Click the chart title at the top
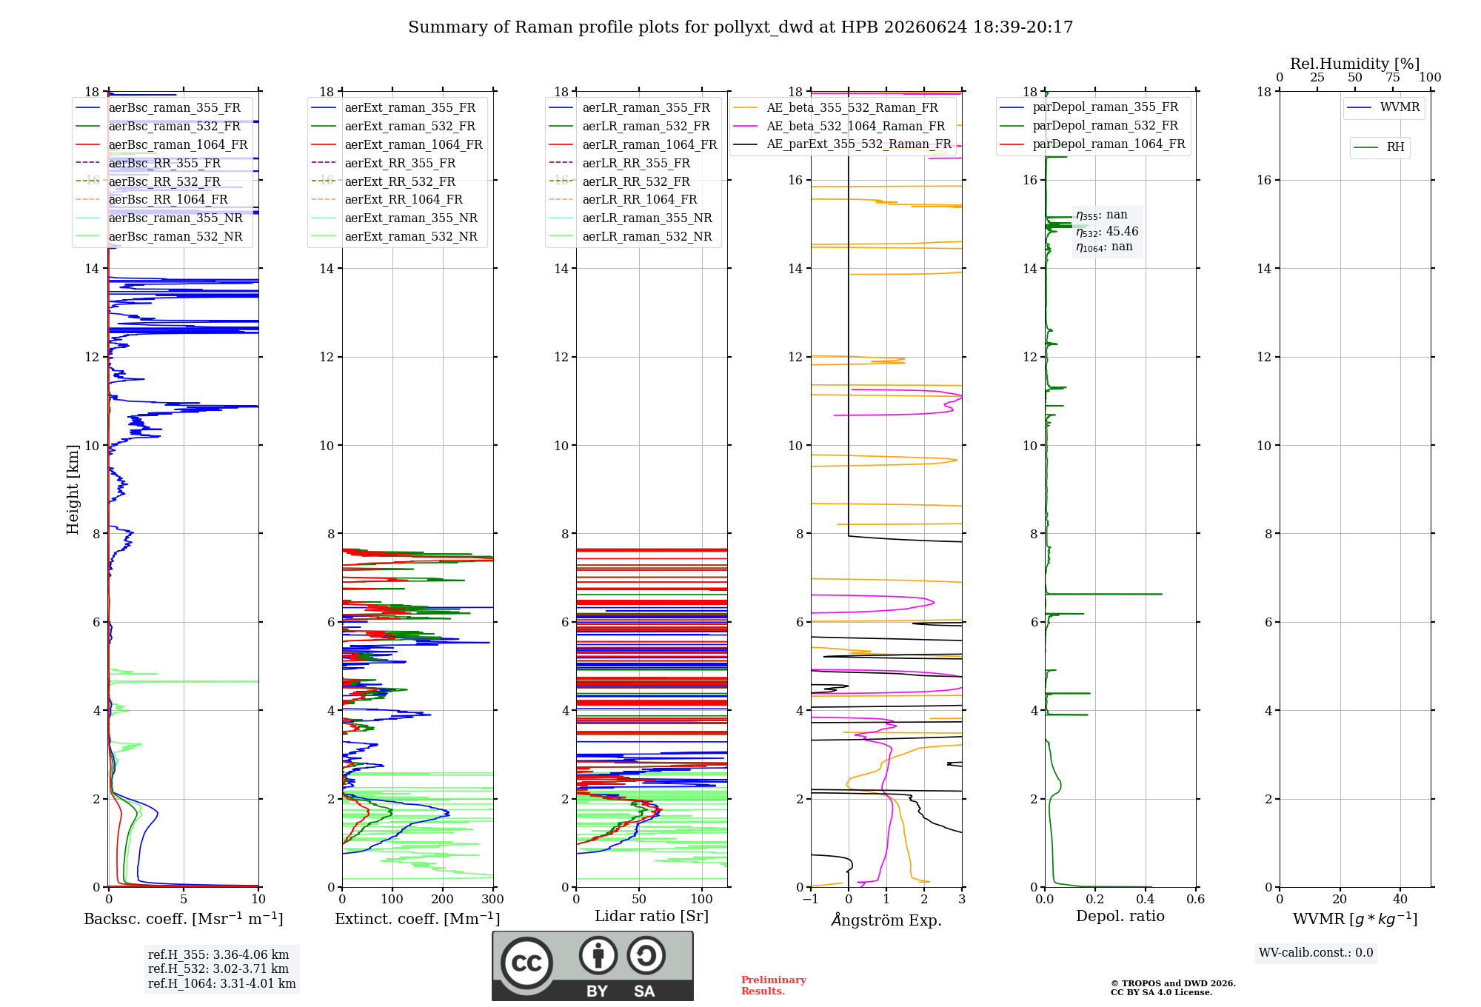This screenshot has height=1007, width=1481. point(740,27)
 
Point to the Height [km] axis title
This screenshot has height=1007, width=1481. point(73,489)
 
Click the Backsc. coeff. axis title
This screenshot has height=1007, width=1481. point(184,919)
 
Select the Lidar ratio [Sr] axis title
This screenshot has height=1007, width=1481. point(652,917)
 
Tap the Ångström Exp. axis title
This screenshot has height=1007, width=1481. point(886,920)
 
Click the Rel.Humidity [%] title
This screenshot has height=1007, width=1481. point(1355,64)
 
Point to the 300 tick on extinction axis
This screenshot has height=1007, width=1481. point(493,900)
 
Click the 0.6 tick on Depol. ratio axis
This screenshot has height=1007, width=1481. point(1196,900)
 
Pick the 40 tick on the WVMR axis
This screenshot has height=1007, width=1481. point(1400,900)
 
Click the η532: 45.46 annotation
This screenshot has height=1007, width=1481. point(1107,232)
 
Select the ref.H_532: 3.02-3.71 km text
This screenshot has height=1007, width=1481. point(218,969)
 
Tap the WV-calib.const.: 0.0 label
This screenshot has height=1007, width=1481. point(1316,953)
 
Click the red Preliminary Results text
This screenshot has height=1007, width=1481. point(774,986)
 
